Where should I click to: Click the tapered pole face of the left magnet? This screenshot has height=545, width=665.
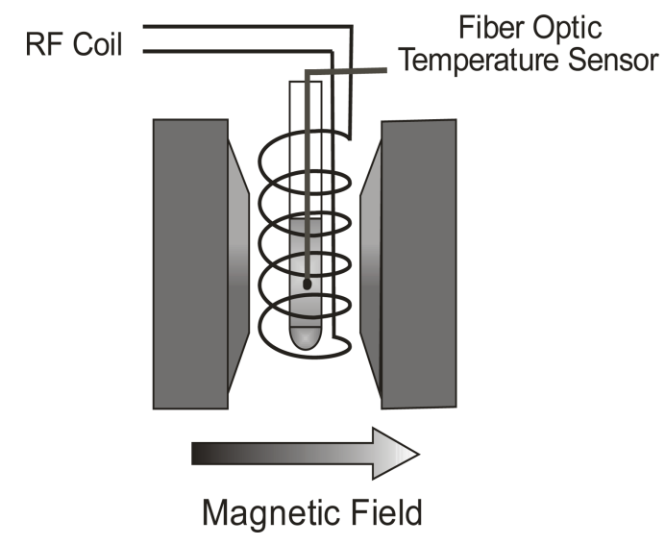tap(238, 264)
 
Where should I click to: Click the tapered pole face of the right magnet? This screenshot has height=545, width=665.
tap(371, 264)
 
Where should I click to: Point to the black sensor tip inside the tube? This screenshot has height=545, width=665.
tap(307, 285)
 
